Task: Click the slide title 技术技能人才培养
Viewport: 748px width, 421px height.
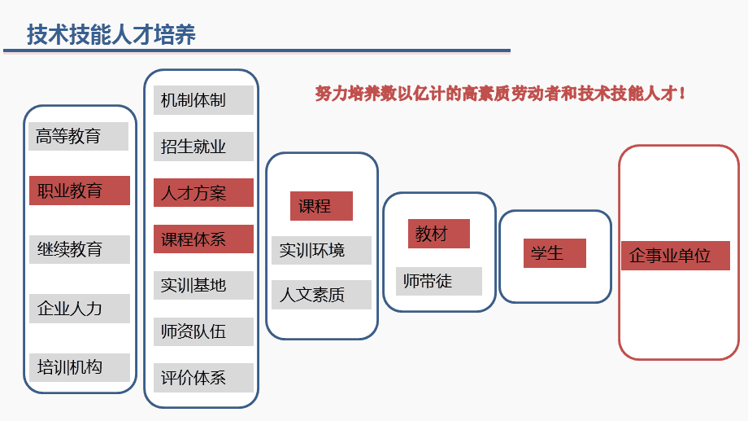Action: (x=111, y=34)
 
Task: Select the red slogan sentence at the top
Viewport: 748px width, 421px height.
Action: (x=500, y=93)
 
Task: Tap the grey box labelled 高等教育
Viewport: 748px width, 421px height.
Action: (x=79, y=136)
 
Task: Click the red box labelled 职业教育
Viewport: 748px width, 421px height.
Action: (x=80, y=191)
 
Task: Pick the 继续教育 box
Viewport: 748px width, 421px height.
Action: (x=80, y=249)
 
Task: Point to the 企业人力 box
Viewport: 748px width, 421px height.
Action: (x=80, y=309)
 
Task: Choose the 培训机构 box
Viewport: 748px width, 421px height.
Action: (x=80, y=367)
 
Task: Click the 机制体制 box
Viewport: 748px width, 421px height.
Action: (x=204, y=100)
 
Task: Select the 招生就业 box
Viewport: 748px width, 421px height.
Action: (x=204, y=147)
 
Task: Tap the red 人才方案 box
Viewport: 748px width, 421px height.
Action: (x=204, y=192)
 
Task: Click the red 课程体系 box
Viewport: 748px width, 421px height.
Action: (x=204, y=239)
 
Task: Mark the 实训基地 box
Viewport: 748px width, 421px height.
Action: (x=204, y=285)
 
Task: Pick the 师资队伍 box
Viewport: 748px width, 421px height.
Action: (x=204, y=331)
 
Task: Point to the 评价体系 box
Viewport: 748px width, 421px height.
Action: (x=204, y=378)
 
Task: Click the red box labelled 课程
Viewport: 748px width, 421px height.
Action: (x=321, y=206)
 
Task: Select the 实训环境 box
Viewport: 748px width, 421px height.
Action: (x=321, y=251)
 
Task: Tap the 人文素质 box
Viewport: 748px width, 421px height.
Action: (x=321, y=295)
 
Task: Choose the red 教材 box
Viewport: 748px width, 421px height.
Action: (x=439, y=234)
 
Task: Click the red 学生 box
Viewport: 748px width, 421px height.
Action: (x=554, y=253)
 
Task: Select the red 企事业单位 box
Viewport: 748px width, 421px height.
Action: (x=676, y=256)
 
